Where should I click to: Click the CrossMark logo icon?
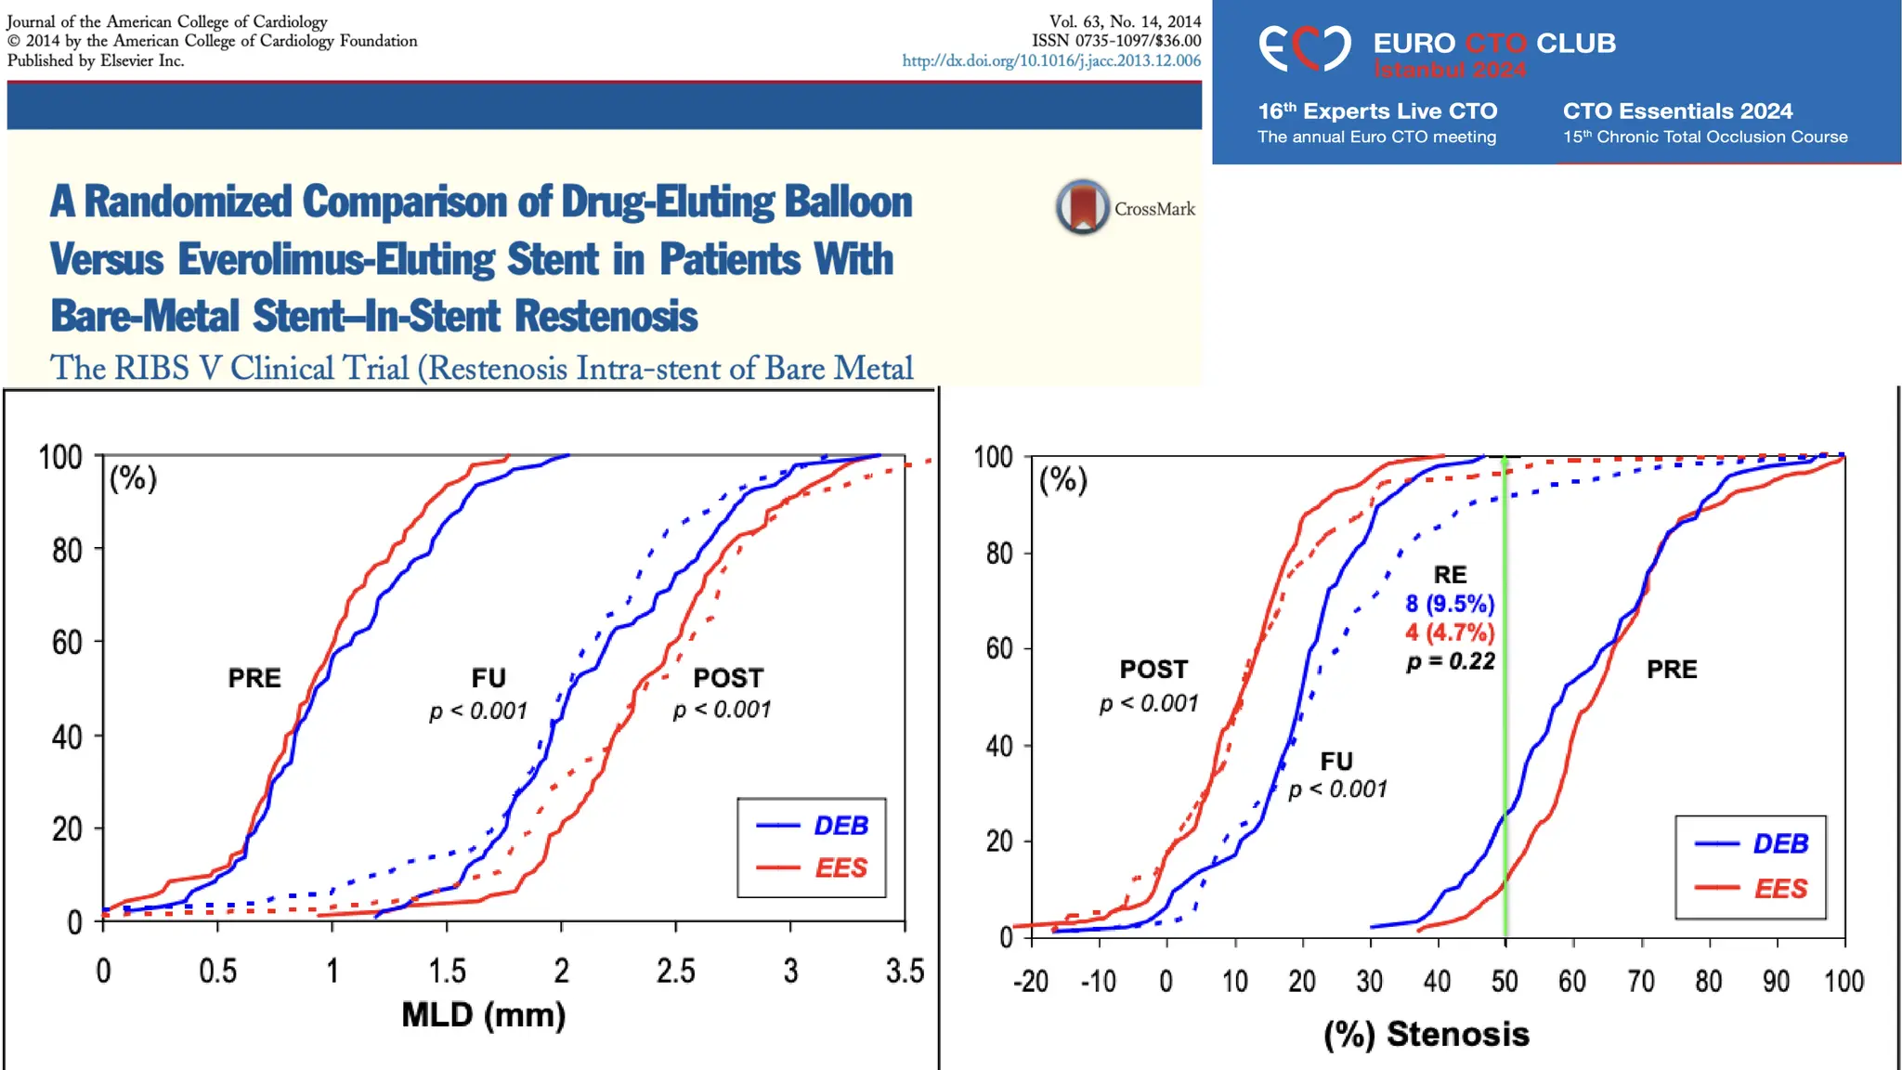(1082, 206)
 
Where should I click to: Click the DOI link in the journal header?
(1051, 60)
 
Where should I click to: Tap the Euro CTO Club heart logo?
(1304, 47)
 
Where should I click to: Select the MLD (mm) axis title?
(483, 1014)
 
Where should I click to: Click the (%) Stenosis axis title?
(1426, 1034)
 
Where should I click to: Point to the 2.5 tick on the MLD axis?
(675, 971)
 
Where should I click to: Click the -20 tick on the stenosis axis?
(1031, 981)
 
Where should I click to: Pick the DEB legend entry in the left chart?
(840, 826)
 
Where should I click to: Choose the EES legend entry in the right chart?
(1780, 889)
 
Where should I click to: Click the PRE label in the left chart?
(254, 678)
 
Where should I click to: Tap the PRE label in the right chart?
(1672, 670)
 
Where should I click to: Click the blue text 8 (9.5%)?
(1450, 604)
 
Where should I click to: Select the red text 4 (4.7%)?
(1450, 633)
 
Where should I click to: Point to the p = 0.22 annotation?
(1450, 661)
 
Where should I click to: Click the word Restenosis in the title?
(606, 316)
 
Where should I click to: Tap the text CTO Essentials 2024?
(1677, 111)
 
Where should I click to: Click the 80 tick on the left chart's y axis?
(67, 550)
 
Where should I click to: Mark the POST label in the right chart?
(1153, 670)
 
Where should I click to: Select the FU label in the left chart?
(489, 678)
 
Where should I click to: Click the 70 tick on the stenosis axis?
(1641, 981)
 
